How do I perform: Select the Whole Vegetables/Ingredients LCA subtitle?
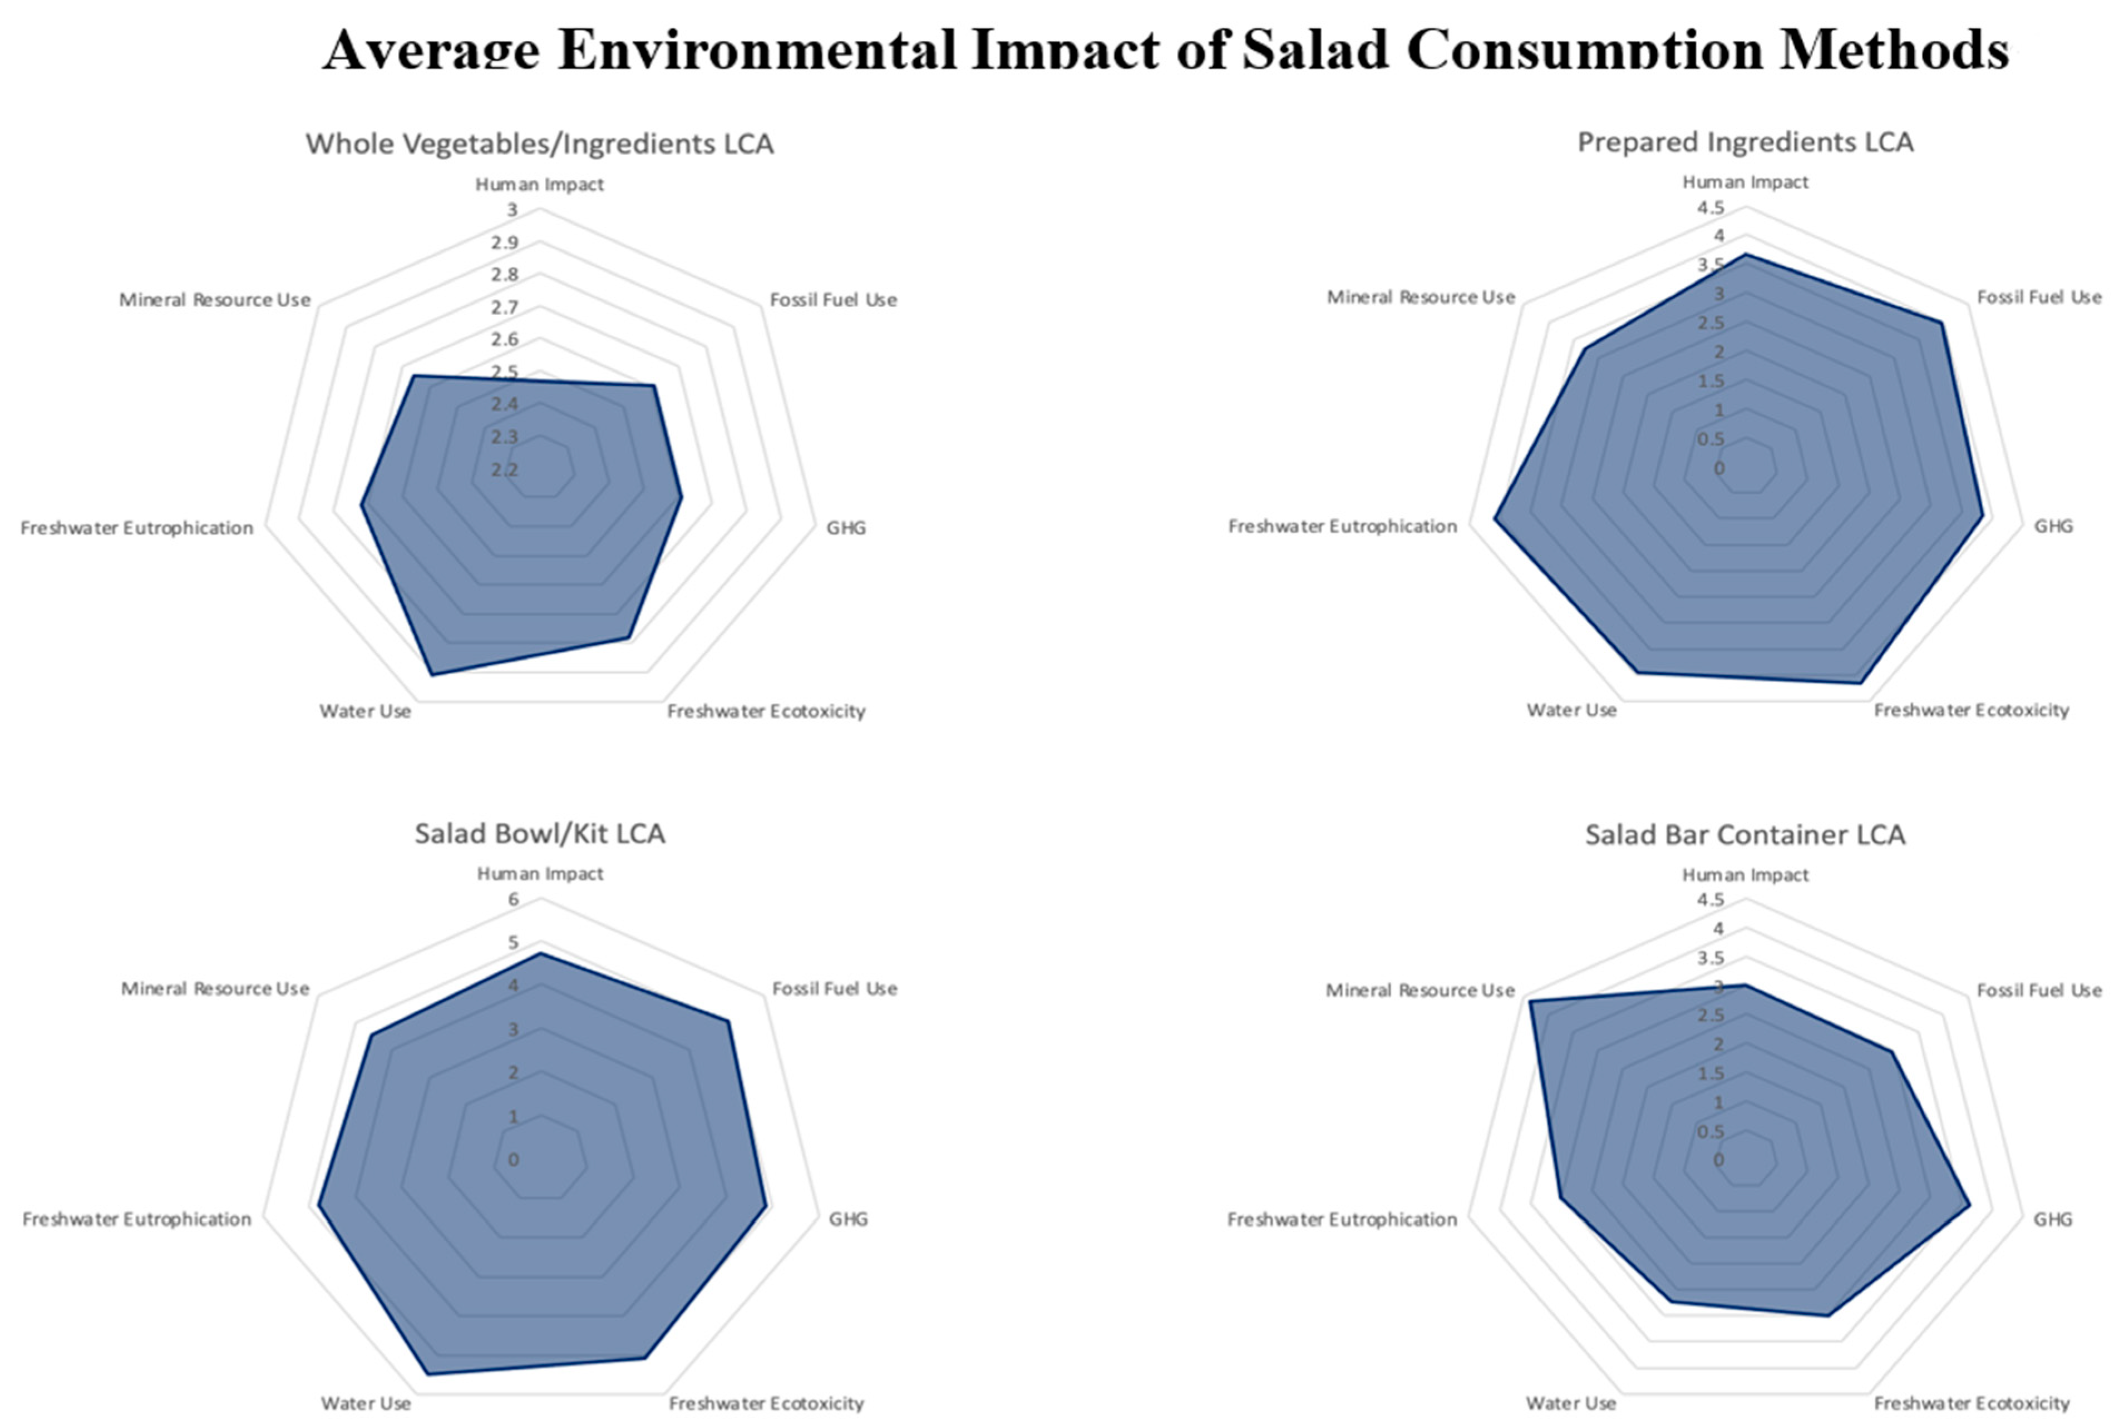(539, 143)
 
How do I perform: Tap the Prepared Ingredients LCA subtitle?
(1744, 142)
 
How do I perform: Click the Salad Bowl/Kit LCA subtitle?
(539, 833)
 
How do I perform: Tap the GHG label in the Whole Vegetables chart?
(845, 527)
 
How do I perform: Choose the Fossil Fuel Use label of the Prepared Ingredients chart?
(2038, 298)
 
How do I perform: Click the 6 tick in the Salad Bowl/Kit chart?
(513, 899)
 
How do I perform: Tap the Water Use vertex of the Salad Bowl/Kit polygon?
(427, 1373)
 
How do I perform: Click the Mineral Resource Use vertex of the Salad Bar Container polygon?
(1530, 1001)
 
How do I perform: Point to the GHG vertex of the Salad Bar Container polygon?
(1969, 1206)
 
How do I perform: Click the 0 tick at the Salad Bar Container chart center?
(1718, 1161)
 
